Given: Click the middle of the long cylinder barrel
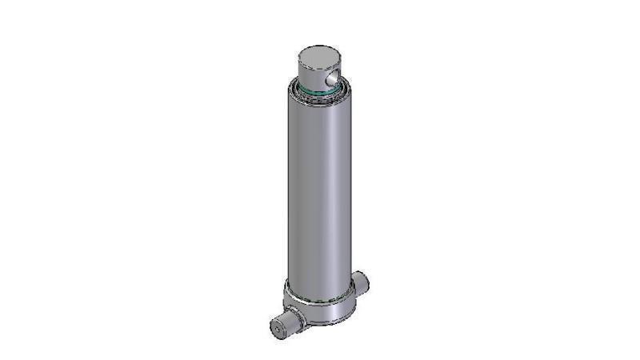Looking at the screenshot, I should pyautogui.click(x=318, y=192).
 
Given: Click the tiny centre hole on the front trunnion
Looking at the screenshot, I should pyautogui.click(x=281, y=329).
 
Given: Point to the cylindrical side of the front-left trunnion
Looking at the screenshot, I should pyautogui.click(x=292, y=321).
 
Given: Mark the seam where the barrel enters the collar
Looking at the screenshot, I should pyautogui.click(x=318, y=297).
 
